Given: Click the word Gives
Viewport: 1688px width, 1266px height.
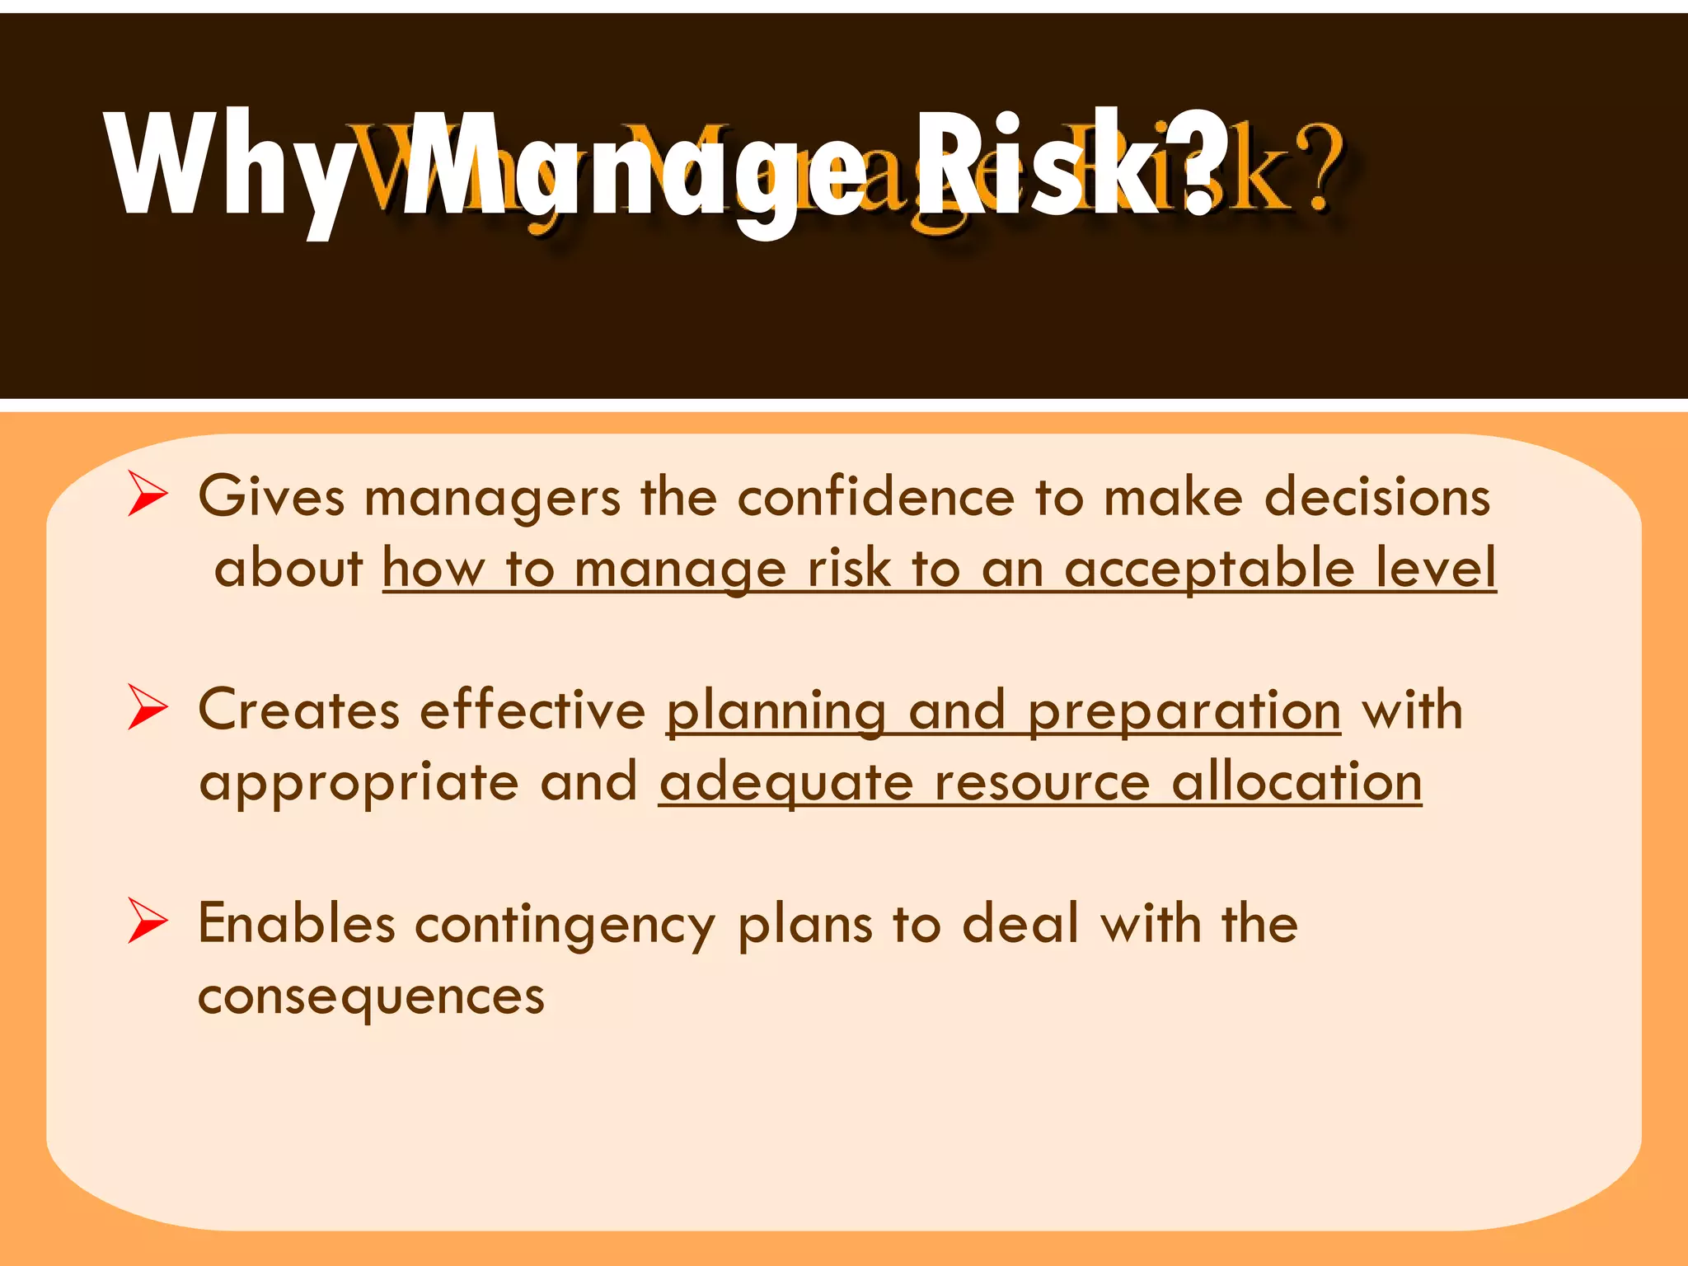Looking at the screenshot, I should tap(271, 497).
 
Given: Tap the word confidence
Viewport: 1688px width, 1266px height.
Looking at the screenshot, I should tap(875, 497).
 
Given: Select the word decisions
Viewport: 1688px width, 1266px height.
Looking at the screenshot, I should tap(1377, 497).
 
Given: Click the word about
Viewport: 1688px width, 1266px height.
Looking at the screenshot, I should tap(288, 568).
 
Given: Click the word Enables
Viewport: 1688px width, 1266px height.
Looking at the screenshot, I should tap(297, 923).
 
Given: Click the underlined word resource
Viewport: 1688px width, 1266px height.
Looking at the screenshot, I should tap(1042, 781).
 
